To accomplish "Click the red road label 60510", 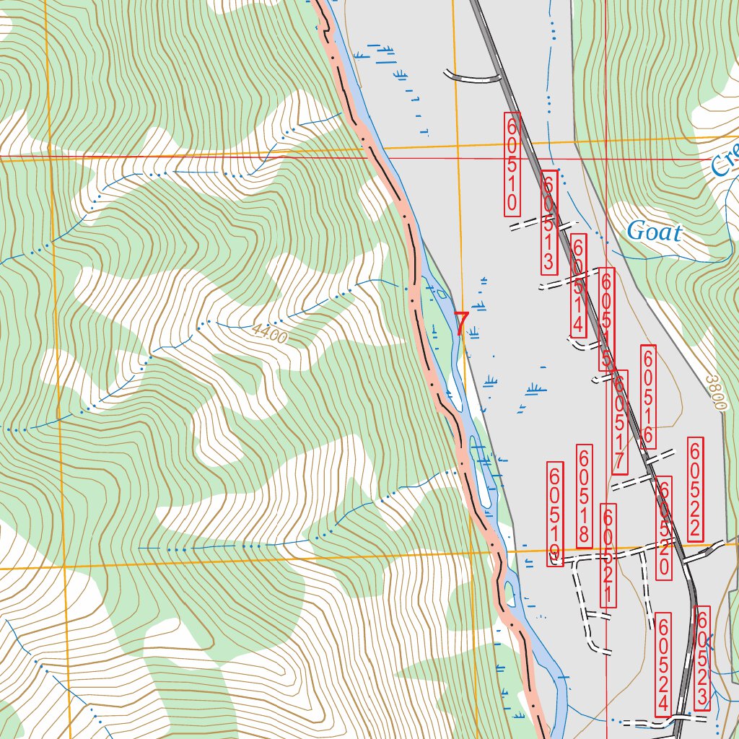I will click(512, 163).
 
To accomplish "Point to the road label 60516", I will click(648, 395).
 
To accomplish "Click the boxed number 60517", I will click(619, 422).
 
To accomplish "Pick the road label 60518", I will click(584, 497).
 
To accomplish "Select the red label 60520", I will click(665, 528).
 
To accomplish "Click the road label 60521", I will click(608, 556).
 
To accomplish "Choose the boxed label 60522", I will click(696, 489).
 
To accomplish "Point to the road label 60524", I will click(665, 664).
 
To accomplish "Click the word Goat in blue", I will click(654, 232).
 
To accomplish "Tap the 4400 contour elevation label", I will click(270, 334).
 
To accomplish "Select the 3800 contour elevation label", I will click(714, 392).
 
